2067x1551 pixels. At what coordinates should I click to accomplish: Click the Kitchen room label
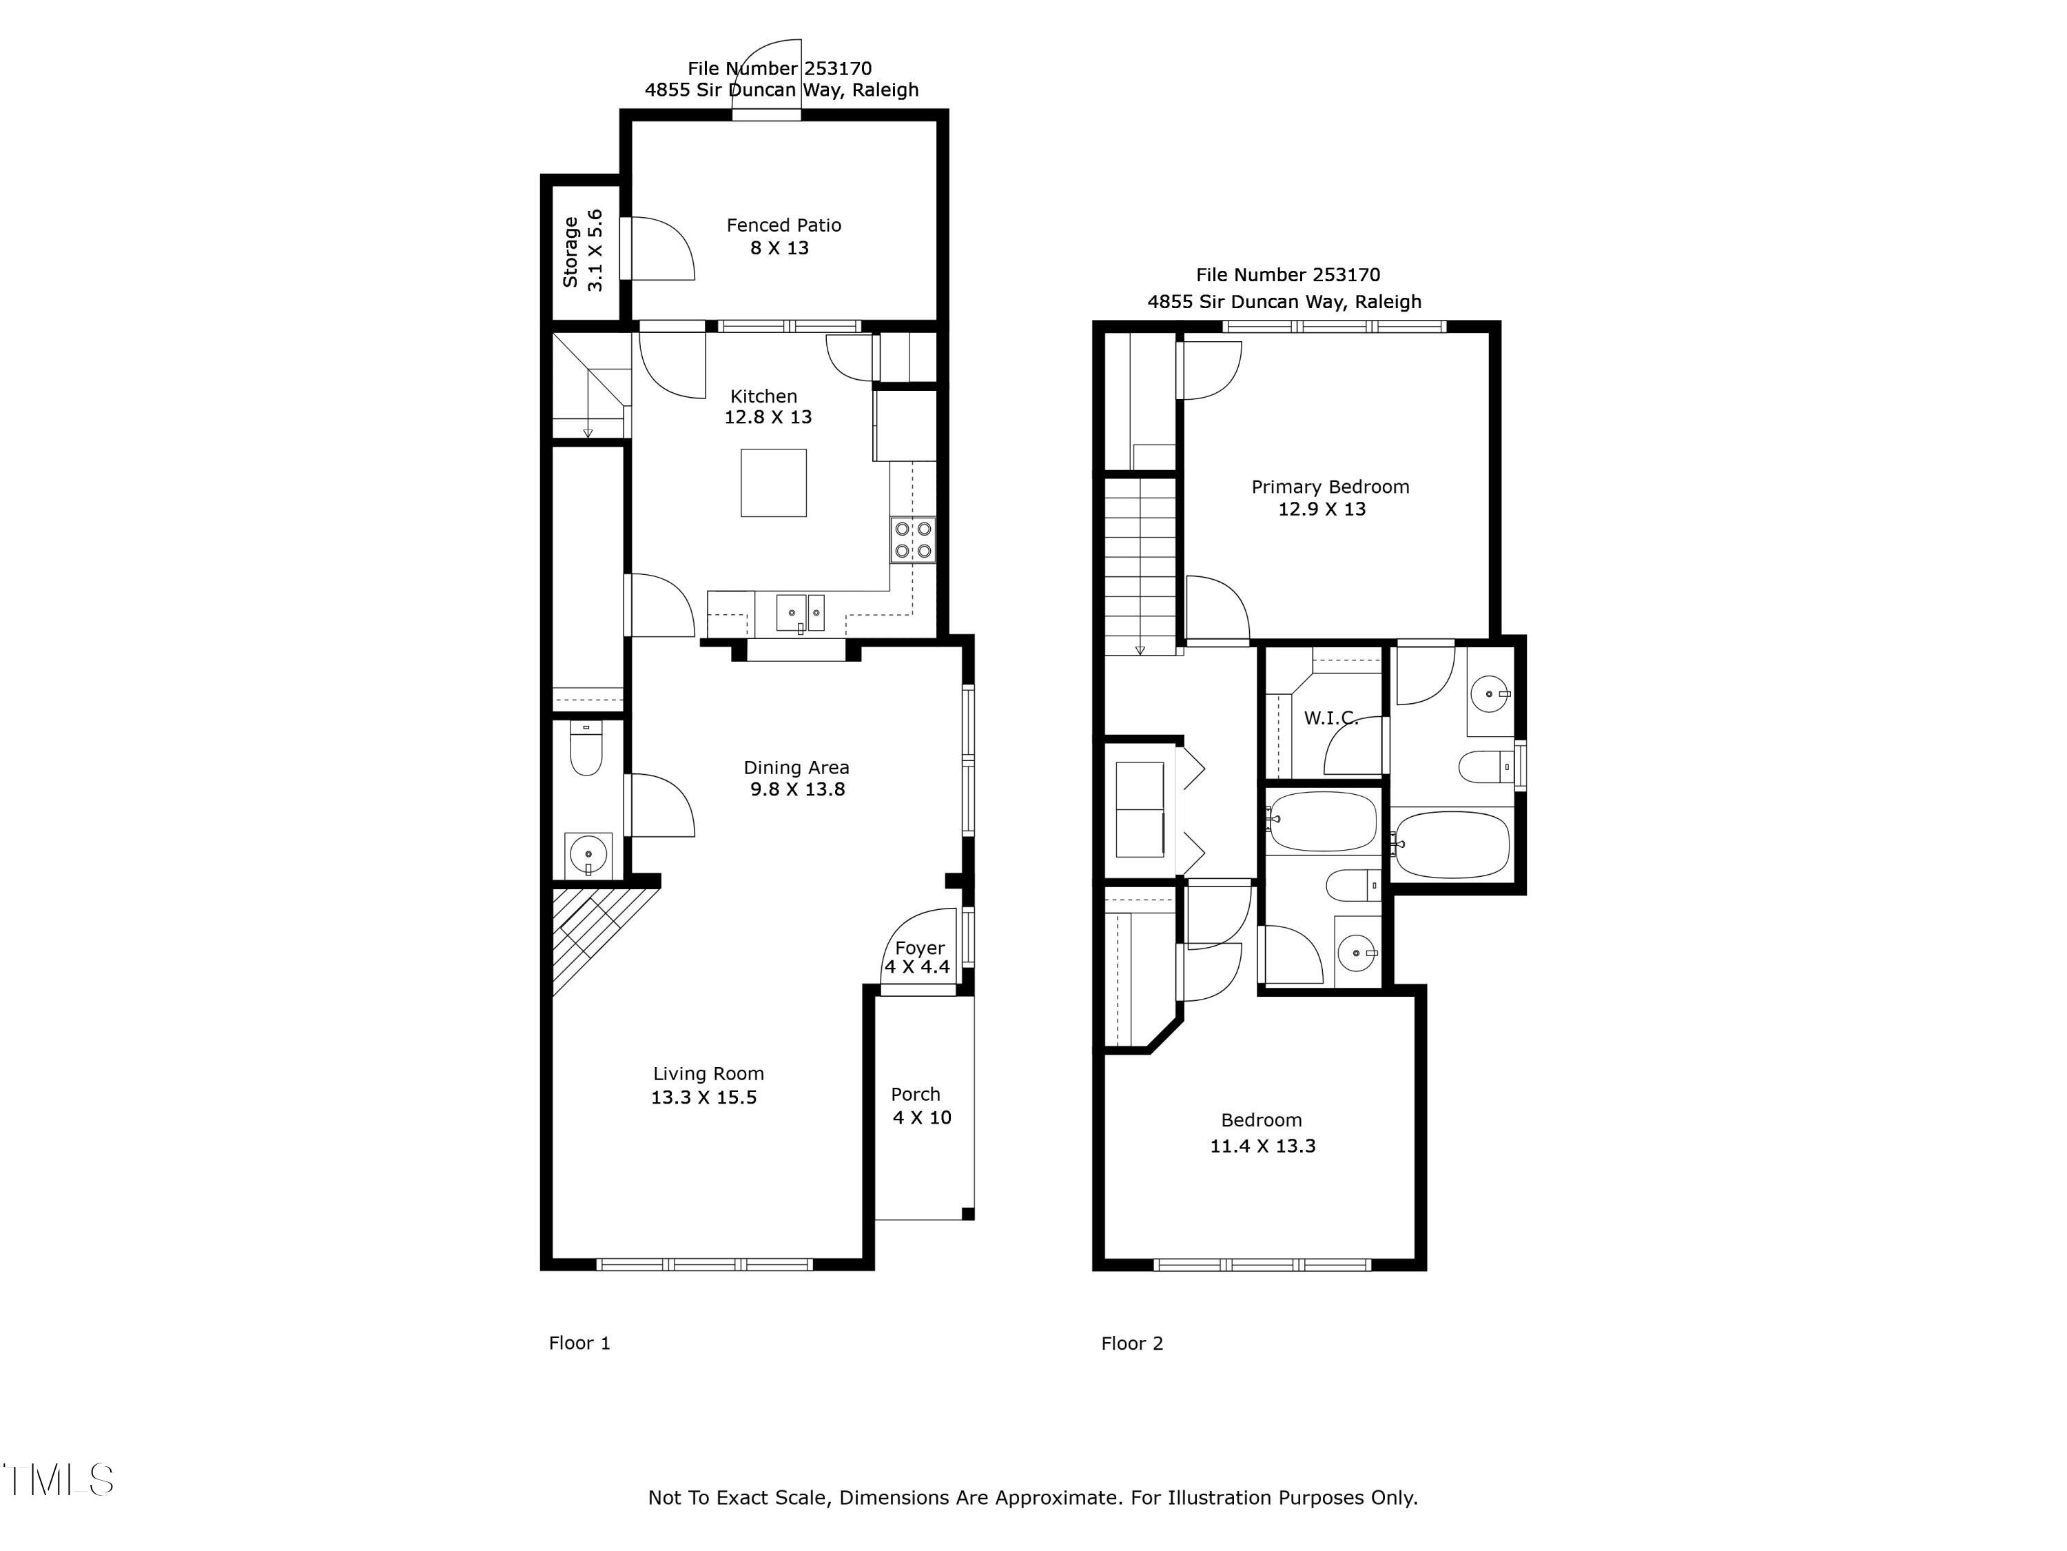[763, 396]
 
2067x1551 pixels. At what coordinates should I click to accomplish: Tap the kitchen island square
[774, 483]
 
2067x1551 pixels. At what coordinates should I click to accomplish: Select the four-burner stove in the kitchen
[913, 540]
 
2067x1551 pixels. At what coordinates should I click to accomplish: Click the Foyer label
[920, 948]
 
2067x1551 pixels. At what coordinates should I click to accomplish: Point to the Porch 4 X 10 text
[921, 1106]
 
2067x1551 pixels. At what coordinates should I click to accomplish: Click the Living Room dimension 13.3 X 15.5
[703, 1097]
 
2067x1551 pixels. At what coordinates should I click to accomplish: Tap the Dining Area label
[796, 767]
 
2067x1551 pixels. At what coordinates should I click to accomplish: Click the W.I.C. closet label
[1330, 718]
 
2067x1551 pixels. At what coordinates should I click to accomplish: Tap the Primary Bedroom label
[1330, 487]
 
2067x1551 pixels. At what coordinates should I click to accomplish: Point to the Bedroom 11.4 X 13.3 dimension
[1262, 1146]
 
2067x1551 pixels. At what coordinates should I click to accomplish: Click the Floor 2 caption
[1131, 1344]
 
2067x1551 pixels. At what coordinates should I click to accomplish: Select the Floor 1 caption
[579, 1344]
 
